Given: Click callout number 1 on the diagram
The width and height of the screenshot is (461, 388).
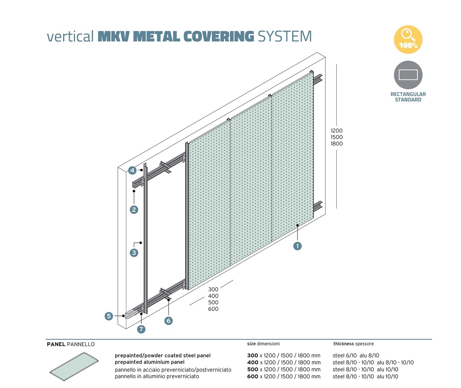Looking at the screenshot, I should tap(297, 246).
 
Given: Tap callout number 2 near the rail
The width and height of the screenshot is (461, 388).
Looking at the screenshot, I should tap(134, 210).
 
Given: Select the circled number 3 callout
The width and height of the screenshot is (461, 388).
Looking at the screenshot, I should tap(134, 253).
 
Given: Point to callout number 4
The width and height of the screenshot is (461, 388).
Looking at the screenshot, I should tap(132, 170).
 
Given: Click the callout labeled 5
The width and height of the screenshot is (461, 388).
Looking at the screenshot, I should tap(109, 316).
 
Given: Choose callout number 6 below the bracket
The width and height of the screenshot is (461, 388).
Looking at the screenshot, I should tap(168, 321).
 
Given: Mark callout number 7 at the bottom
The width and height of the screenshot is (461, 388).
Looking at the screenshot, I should tap(141, 329).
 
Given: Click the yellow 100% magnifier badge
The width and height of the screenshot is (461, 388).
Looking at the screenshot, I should tap(408, 40).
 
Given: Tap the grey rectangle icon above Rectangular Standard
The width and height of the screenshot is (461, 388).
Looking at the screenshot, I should tap(408, 75).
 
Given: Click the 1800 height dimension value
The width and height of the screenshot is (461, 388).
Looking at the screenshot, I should tap(337, 144).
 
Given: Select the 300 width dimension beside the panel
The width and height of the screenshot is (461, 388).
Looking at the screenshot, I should tap(213, 289).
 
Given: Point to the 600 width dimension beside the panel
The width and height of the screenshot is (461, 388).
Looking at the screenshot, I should tap(213, 309).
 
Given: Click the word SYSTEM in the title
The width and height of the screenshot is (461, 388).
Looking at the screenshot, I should tap(285, 37).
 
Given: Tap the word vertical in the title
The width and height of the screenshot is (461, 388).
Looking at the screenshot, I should tap(70, 37).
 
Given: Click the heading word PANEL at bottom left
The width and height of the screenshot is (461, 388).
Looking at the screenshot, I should tap(56, 344).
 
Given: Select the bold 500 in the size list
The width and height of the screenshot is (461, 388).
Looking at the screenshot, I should tap(253, 370).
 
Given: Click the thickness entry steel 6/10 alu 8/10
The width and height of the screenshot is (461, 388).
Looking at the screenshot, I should tap(356, 355).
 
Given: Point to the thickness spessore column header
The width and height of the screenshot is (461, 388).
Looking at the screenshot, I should tap(353, 344).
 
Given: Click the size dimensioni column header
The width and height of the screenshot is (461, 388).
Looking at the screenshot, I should tap(263, 344).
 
